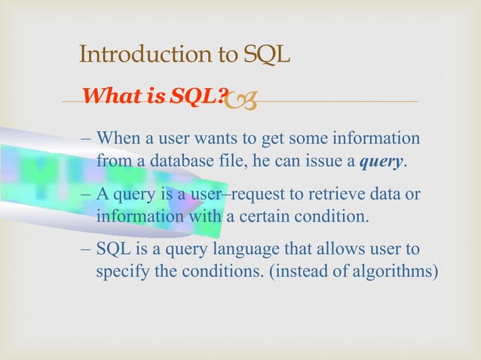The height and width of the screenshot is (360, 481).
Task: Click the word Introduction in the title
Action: click(x=134, y=55)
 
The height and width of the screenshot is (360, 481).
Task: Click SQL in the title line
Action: click(x=268, y=55)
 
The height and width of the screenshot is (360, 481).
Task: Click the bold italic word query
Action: click(x=384, y=161)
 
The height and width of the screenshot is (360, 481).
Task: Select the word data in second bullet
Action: click(x=381, y=195)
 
